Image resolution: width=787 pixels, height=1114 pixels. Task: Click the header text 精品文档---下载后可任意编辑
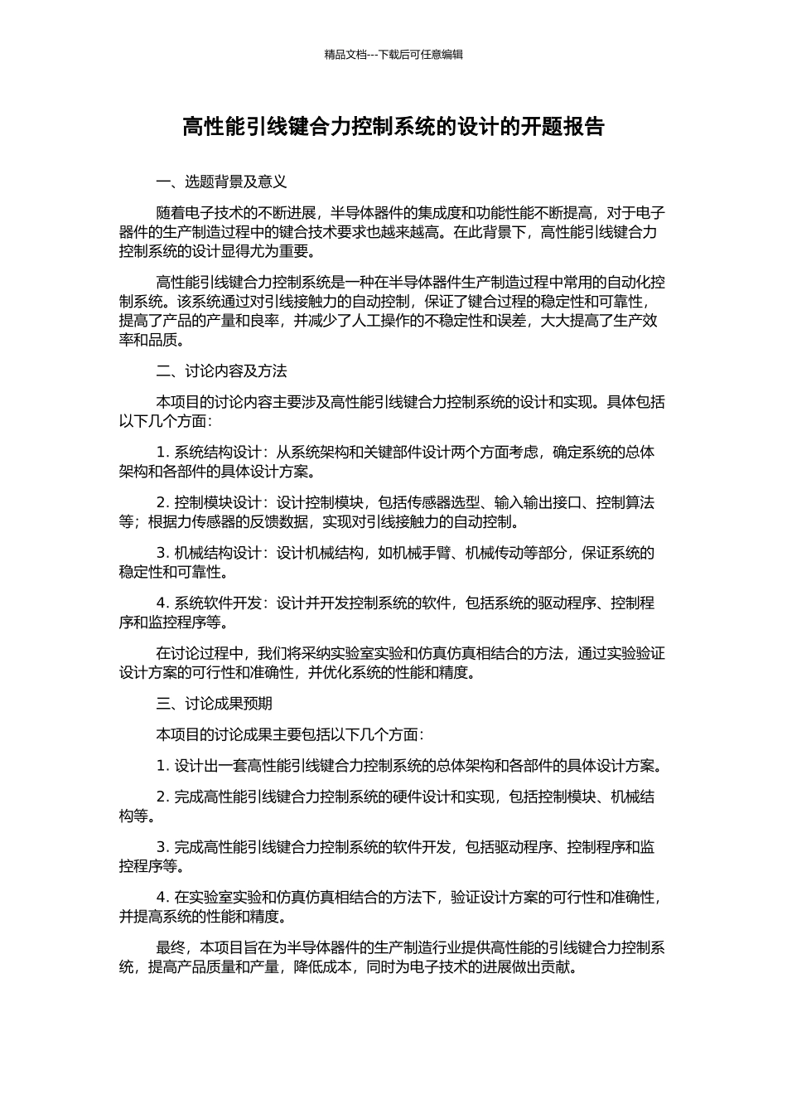[x=393, y=55]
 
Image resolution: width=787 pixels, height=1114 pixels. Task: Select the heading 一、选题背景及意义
[x=221, y=182]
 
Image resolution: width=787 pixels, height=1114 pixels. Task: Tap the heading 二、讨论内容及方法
[x=221, y=371]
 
